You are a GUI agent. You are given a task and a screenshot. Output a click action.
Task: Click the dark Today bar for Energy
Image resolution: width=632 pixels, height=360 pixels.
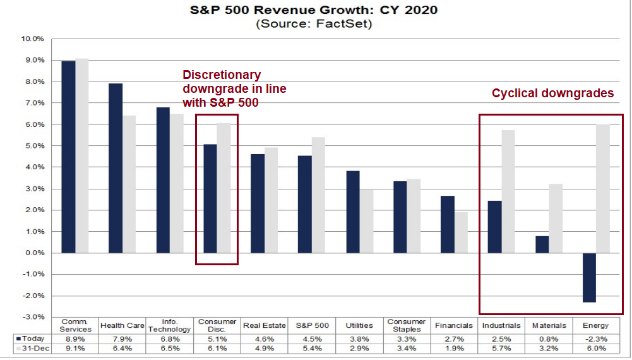click(x=589, y=277)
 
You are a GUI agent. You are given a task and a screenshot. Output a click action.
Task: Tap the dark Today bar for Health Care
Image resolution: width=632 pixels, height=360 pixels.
click(x=115, y=168)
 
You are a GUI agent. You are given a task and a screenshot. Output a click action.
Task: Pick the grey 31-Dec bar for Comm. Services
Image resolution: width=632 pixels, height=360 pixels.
click(x=81, y=155)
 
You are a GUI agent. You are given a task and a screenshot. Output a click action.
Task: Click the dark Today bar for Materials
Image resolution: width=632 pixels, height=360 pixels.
click(x=542, y=244)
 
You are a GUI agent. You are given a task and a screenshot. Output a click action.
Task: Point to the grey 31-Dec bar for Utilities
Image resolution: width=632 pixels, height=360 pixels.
click(x=366, y=221)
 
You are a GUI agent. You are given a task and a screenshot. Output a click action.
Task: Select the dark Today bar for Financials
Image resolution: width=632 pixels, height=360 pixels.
click(x=447, y=224)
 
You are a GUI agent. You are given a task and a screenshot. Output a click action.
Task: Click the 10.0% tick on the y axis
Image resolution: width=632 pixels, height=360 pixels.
click(x=33, y=39)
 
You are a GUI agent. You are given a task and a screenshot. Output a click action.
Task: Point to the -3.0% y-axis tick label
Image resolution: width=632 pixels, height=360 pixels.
click(x=33, y=316)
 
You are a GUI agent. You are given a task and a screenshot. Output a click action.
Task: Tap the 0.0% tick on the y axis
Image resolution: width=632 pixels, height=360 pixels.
click(x=33, y=253)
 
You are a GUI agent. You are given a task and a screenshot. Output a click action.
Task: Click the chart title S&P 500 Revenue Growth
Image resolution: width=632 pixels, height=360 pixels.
click(x=313, y=11)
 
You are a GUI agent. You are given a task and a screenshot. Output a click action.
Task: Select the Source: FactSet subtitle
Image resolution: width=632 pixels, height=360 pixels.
click(x=313, y=25)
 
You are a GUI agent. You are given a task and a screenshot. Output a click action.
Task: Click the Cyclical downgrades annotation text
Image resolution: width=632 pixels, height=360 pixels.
click(x=552, y=93)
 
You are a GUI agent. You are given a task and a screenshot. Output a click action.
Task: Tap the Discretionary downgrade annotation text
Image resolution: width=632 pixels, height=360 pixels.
click(x=234, y=89)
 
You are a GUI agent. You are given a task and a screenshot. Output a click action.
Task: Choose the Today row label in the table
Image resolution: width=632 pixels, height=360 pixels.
click(x=32, y=339)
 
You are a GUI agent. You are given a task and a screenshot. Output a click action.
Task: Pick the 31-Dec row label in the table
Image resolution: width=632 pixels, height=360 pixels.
click(x=32, y=349)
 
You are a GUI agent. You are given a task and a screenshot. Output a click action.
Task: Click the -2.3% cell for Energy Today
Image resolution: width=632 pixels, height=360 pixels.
click(x=596, y=339)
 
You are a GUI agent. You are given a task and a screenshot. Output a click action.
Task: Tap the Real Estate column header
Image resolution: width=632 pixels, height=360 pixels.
click(x=265, y=325)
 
